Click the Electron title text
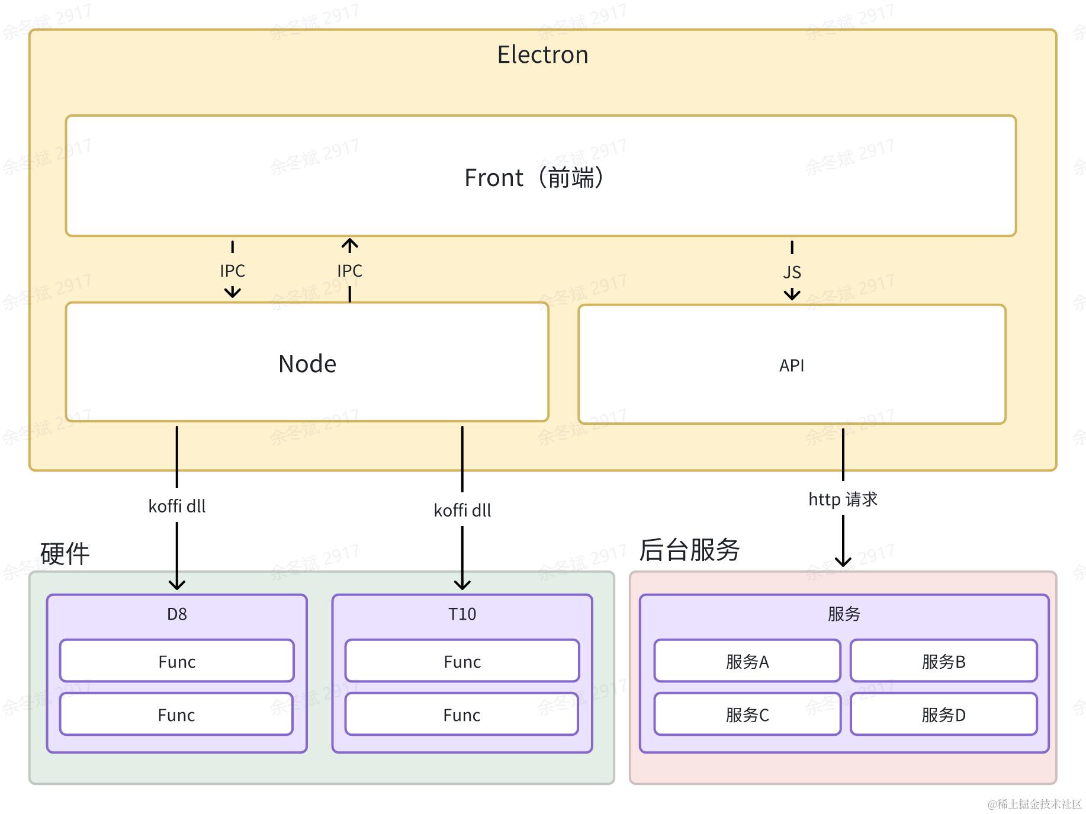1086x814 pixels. [542, 55]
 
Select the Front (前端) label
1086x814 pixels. [534, 177]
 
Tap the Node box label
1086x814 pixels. [307, 363]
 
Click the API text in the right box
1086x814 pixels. [792, 366]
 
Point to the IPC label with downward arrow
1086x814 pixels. [232, 271]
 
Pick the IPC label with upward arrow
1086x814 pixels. [349, 271]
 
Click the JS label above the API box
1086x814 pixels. [792, 273]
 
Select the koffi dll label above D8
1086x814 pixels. [177, 507]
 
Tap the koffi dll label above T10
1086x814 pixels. [462, 511]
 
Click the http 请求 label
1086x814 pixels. [843, 499]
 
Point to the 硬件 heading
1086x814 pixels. [65, 554]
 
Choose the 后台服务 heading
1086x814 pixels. [689, 550]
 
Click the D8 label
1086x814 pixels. [177, 614]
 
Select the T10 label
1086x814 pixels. [462, 614]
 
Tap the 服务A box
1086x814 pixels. [747, 661]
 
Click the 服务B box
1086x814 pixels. [943, 661]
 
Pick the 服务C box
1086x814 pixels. [747, 714]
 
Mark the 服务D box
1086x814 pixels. [943, 714]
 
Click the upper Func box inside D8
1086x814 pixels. [177, 661]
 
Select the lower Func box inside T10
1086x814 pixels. [462, 714]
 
